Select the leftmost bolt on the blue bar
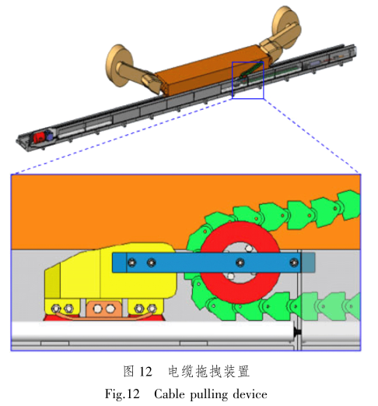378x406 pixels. tap(131, 263)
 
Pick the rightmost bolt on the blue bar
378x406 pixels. tap(293, 263)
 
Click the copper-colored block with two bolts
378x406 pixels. tap(104, 309)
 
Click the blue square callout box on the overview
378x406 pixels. tap(248, 62)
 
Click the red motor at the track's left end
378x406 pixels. tap(38, 137)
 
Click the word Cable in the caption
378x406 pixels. tap(169, 394)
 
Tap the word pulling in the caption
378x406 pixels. tap(209, 395)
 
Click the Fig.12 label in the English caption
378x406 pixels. tap(122, 395)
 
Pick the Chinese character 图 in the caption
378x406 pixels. tap(129, 371)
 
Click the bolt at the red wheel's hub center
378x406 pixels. tap(240, 263)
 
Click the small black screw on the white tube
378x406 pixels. tap(297, 332)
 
